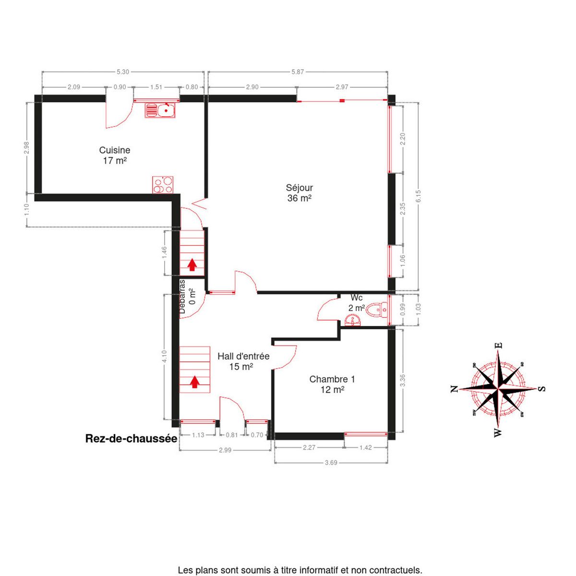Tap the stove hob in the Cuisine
pyautogui.click(x=163, y=185)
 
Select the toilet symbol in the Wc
pyautogui.click(x=377, y=310)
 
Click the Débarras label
pyautogui.click(x=182, y=297)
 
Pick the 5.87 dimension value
pyautogui.click(x=298, y=72)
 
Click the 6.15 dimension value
pyautogui.click(x=418, y=196)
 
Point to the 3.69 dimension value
pyautogui.click(x=331, y=463)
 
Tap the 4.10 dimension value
pyautogui.click(x=164, y=356)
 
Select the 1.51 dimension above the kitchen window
pyautogui.click(x=156, y=87)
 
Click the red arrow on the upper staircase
pyautogui.click(x=192, y=265)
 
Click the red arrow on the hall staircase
pyautogui.click(x=195, y=382)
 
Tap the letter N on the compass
pyautogui.click(x=454, y=389)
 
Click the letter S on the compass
pyautogui.click(x=541, y=389)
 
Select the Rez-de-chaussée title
pyautogui.click(x=131, y=439)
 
